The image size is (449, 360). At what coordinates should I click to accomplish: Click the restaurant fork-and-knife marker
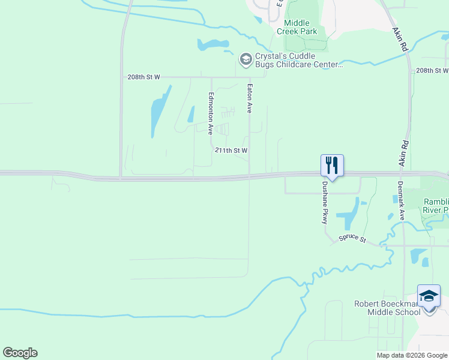pyautogui.click(x=332, y=165)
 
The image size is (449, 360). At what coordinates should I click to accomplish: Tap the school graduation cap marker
pyautogui.click(x=429, y=296)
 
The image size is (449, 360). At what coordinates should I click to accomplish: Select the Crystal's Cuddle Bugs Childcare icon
pyautogui.click(x=246, y=59)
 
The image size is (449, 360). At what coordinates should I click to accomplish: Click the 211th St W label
pyautogui.click(x=231, y=151)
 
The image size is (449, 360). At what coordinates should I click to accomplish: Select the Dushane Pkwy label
pyautogui.click(x=325, y=203)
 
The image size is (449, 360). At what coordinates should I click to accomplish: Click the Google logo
pyautogui.click(x=20, y=353)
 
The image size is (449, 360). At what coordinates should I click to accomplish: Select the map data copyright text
pyautogui.click(x=411, y=355)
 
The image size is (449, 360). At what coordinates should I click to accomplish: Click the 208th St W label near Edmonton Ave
pyautogui.click(x=144, y=77)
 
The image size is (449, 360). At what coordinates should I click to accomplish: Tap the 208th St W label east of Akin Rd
pyautogui.click(x=432, y=71)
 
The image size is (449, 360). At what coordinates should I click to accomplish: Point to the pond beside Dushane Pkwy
pyautogui.click(x=348, y=216)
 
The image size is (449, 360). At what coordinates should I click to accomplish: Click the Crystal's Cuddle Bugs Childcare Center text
pyautogui.click(x=298, y=60)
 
